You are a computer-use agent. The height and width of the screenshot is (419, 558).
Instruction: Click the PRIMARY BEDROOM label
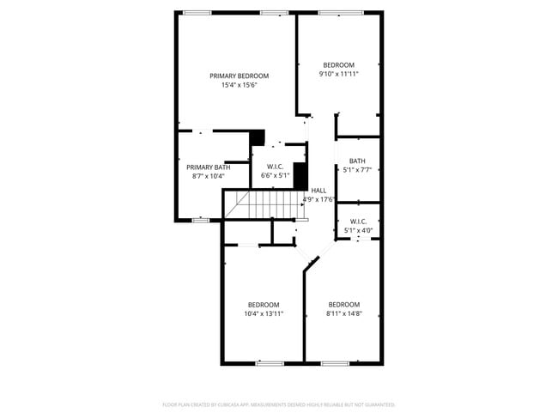click(x=240, y=76)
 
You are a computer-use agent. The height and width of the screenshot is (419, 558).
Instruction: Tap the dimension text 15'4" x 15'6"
click(x=240, y=85)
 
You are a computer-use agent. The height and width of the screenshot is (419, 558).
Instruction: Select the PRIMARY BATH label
click(x=208, y=167)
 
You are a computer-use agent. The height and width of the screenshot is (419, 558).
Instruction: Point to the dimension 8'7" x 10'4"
click(x=208, y=177)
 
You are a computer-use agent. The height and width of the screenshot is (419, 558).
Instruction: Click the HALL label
click(x=318, y=191)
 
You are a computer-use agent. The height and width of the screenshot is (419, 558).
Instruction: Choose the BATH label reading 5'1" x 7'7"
click(x=357, y=161)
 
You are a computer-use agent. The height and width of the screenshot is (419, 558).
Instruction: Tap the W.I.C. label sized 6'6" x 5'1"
click(x=276, y=167)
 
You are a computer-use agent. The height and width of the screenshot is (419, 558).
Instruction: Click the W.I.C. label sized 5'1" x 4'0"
click(x=358, y=222)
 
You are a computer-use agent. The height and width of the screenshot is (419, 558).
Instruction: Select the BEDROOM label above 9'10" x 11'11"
click(x=339, y=65)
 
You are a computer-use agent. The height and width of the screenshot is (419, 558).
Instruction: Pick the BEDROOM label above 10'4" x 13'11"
click(x=264, y=305)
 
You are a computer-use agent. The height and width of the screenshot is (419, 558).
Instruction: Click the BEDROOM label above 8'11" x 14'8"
click(x=343, y=305)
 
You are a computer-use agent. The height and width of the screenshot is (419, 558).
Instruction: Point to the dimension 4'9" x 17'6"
click(x=318, y=199)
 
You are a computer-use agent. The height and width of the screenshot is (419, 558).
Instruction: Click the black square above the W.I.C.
click(x=257, y=137)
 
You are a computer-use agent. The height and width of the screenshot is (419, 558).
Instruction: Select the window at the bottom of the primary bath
click(x=200, y=220)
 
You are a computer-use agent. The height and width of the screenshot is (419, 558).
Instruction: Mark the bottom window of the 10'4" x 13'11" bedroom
click(x=270, y=363)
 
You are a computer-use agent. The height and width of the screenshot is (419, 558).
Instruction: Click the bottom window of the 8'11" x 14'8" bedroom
click(x=335, y=363)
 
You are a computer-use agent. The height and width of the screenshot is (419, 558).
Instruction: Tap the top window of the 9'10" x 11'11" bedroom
click(x=339, y=12)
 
